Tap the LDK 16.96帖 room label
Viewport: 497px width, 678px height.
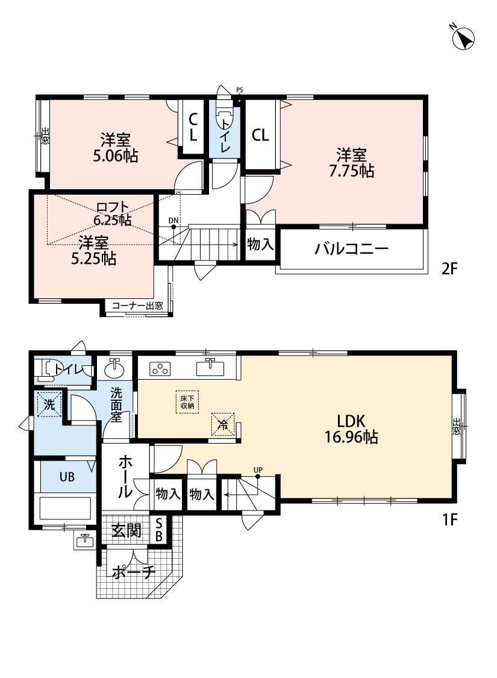(351, 429)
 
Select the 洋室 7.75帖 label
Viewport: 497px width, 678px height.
(351, 163)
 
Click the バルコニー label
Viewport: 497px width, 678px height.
(351, 249)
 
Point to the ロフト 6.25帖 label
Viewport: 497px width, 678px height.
(113, 213)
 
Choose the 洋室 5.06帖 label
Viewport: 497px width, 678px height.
(116, 148)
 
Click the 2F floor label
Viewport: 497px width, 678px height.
(449, 269)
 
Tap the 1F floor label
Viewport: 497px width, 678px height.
(449, 519)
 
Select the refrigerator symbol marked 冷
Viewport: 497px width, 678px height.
(223, 423)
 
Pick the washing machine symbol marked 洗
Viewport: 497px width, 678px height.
(49, 405)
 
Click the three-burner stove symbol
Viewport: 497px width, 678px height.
(160, 369)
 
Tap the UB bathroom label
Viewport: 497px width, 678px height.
(67, 477)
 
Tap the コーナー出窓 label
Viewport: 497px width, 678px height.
(137, 306)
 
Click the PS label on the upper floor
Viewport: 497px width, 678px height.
(240, 90)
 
